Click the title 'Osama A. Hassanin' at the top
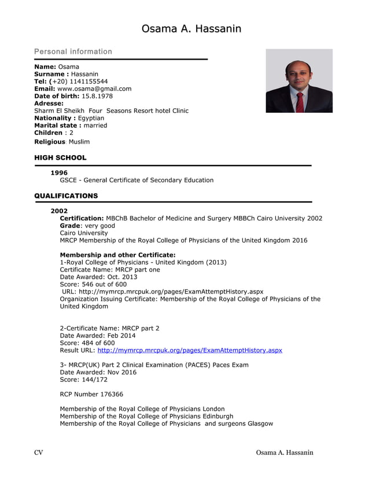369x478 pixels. pos(191,29)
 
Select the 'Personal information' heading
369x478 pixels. pos(73,52)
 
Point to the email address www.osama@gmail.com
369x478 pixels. pos(94,89)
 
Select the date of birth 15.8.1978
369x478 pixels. pos(91,96)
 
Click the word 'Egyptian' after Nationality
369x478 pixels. pos(91,118)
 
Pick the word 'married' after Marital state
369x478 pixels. pos(95,126)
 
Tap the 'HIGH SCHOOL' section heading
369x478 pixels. pos(60,157)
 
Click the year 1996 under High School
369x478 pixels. pos(59,172)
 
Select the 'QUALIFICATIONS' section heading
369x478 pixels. pos(66,196)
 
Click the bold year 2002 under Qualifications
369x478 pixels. pos(59,211)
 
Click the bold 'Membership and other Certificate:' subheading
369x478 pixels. pos(117,255)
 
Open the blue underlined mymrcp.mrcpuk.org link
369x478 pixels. pos(190,350)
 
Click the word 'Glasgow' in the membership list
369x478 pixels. pos(260,424)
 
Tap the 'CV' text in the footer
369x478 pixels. pos(39,453)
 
